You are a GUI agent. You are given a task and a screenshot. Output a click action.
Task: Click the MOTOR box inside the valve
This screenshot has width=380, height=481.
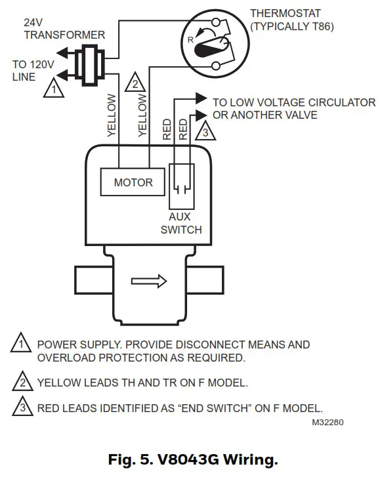[133, 182]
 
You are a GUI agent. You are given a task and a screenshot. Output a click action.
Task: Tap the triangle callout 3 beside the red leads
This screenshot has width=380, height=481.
[205, 133]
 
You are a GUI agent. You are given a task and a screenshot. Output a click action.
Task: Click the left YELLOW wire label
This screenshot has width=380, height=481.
[111, 115]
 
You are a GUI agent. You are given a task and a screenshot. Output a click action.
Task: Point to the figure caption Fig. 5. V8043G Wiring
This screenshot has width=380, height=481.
[190, 459]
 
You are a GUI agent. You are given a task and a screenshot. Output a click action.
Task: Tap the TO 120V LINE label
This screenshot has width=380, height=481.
[29, 71]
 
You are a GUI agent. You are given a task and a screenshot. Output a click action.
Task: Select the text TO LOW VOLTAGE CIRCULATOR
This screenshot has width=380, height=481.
[293, 103]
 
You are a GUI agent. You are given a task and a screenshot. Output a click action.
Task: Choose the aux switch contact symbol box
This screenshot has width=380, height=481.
[180, 186]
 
